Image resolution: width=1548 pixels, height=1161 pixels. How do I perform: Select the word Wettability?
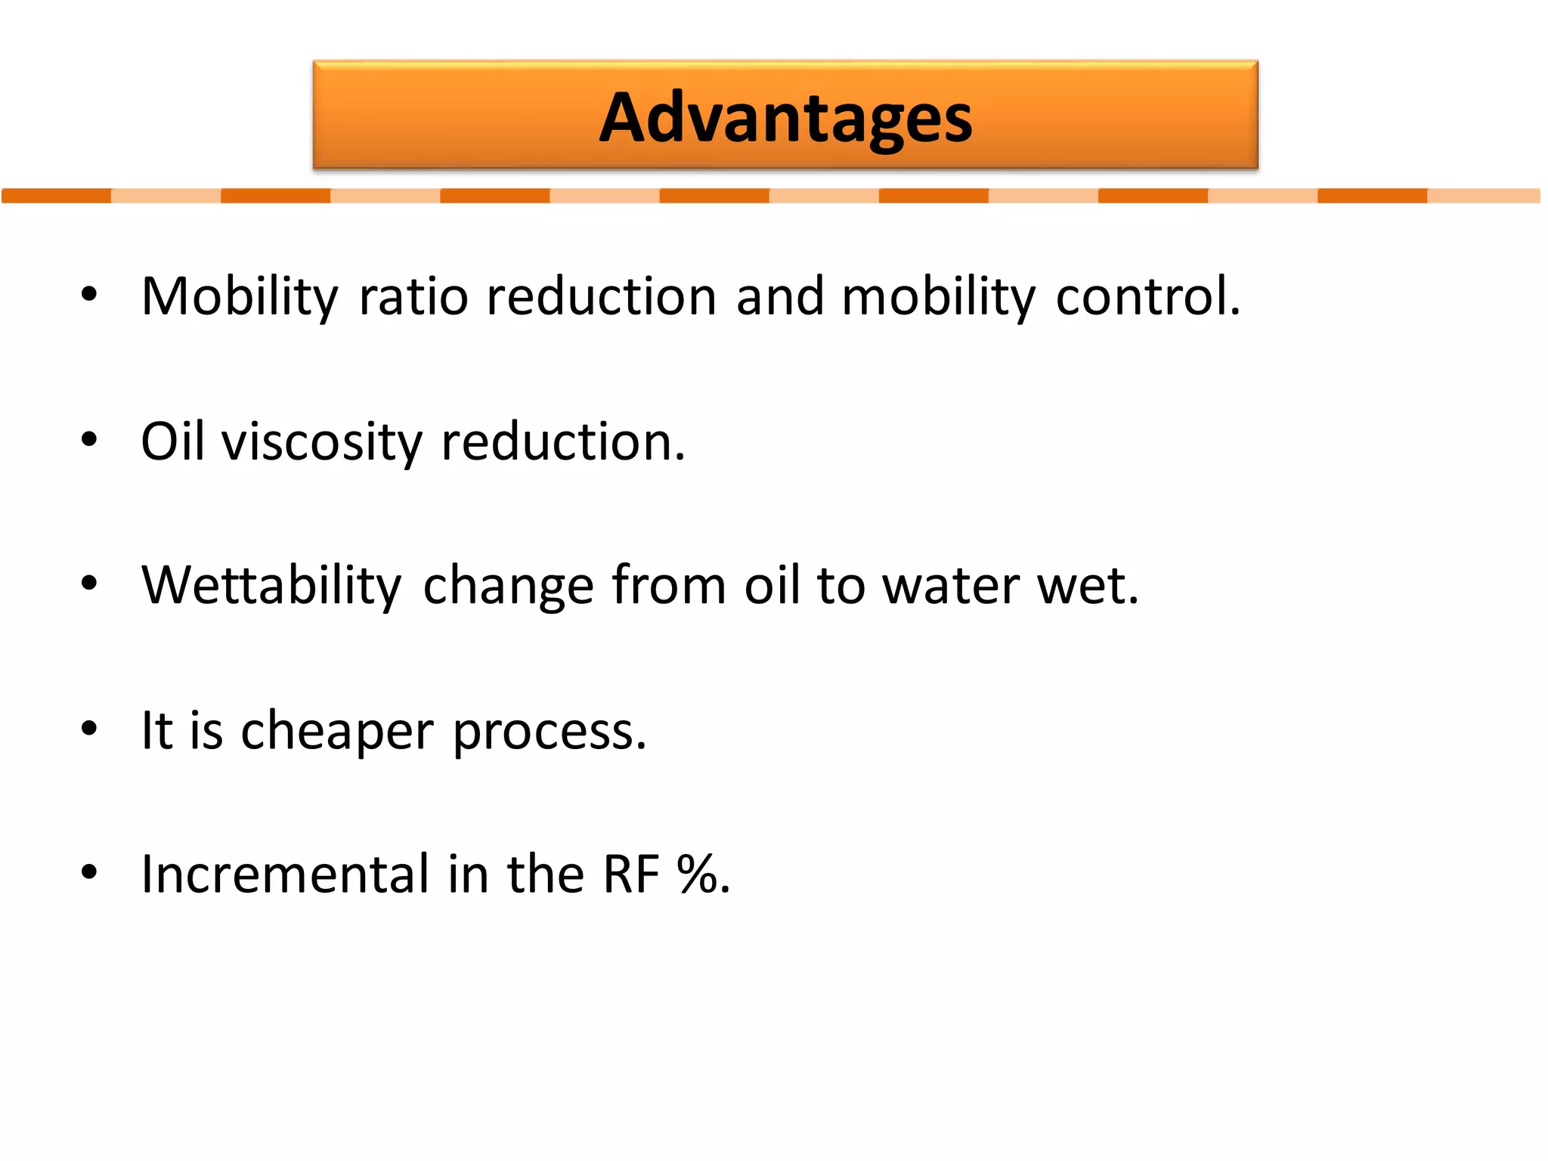pyautogui.click(x=271, y=585)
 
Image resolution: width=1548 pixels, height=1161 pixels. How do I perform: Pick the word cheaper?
pyautogui.click(x=337, y=731)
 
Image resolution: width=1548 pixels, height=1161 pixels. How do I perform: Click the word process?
pyautogui.click(x=549, y=731)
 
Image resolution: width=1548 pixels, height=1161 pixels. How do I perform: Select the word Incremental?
pyautogui.click(x=286, y=874)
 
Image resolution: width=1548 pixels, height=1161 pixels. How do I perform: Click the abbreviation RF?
pyautogui.click(x=631, y=874)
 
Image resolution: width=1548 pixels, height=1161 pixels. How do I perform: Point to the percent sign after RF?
pyautogui.click(x=697, y=874)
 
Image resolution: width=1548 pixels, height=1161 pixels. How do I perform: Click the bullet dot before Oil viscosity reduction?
pyautogui.click(x=89, y=439)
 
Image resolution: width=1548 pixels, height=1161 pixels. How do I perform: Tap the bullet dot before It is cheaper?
pyautogui.click(x=89, y=729)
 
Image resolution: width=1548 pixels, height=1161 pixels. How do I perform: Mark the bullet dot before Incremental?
pyautogui.click(x=89, y=872)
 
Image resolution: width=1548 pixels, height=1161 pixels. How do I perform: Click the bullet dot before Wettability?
pyautogui.click(x=89, y=584)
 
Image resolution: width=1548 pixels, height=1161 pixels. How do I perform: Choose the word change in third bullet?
pyautogui.click(x=508, y=585)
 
